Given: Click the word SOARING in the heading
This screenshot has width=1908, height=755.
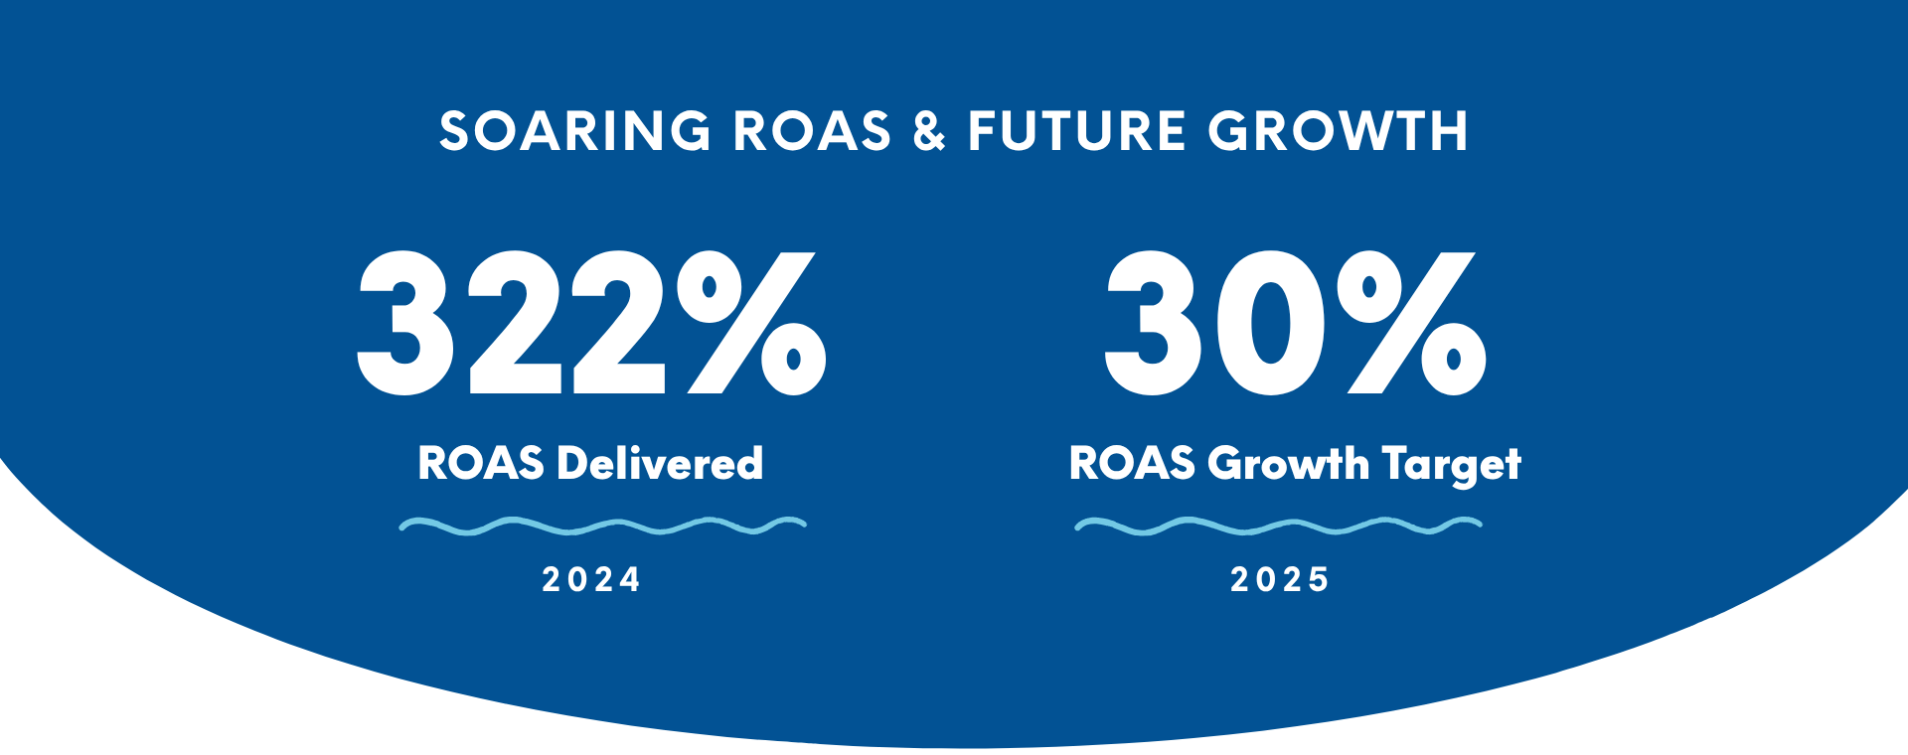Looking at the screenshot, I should coord(574,131).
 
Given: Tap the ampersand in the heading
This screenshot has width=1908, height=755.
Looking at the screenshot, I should coord(929,131).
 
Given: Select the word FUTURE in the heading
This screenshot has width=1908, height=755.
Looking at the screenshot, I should coord(1077,131).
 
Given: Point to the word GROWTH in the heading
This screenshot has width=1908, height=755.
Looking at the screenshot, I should coord(1338,131).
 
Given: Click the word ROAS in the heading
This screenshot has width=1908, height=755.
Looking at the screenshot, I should coord(812,131).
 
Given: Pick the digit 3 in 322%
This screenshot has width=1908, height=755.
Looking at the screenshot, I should coord(405,323).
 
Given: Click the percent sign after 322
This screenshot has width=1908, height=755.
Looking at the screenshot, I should coord(751,323).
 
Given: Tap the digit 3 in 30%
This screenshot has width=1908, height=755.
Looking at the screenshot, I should coord(1153,323).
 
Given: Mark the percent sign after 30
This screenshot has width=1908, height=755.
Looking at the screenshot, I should coord(1411,323).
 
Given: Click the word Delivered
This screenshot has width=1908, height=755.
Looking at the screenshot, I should coord(660,464).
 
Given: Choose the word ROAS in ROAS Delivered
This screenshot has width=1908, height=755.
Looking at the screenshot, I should coord(481,464).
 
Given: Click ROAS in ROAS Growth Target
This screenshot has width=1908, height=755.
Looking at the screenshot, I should coord(1132,464).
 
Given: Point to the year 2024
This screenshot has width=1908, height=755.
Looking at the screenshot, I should coord(591,580).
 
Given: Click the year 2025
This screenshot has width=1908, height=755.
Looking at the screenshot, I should coord(1280,580).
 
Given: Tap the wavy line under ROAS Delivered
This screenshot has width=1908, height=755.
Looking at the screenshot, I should coord(602,526).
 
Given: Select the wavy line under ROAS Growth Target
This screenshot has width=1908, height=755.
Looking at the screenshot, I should coord(1278,526).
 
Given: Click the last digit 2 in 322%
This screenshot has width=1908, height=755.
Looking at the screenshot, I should coord(616,323).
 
